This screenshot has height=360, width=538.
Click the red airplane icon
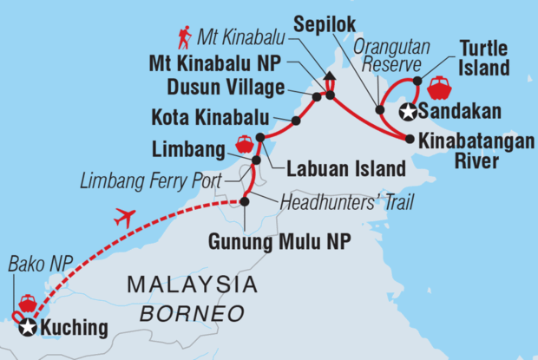pos(125,218)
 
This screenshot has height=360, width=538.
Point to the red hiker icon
pos(184,37)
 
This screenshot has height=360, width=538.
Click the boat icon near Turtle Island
pos(439,88)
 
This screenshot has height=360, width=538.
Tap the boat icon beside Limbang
pos(244,142)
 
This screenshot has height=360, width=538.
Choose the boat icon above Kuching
pos(27,304)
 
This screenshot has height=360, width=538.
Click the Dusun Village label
pos(241,88)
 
